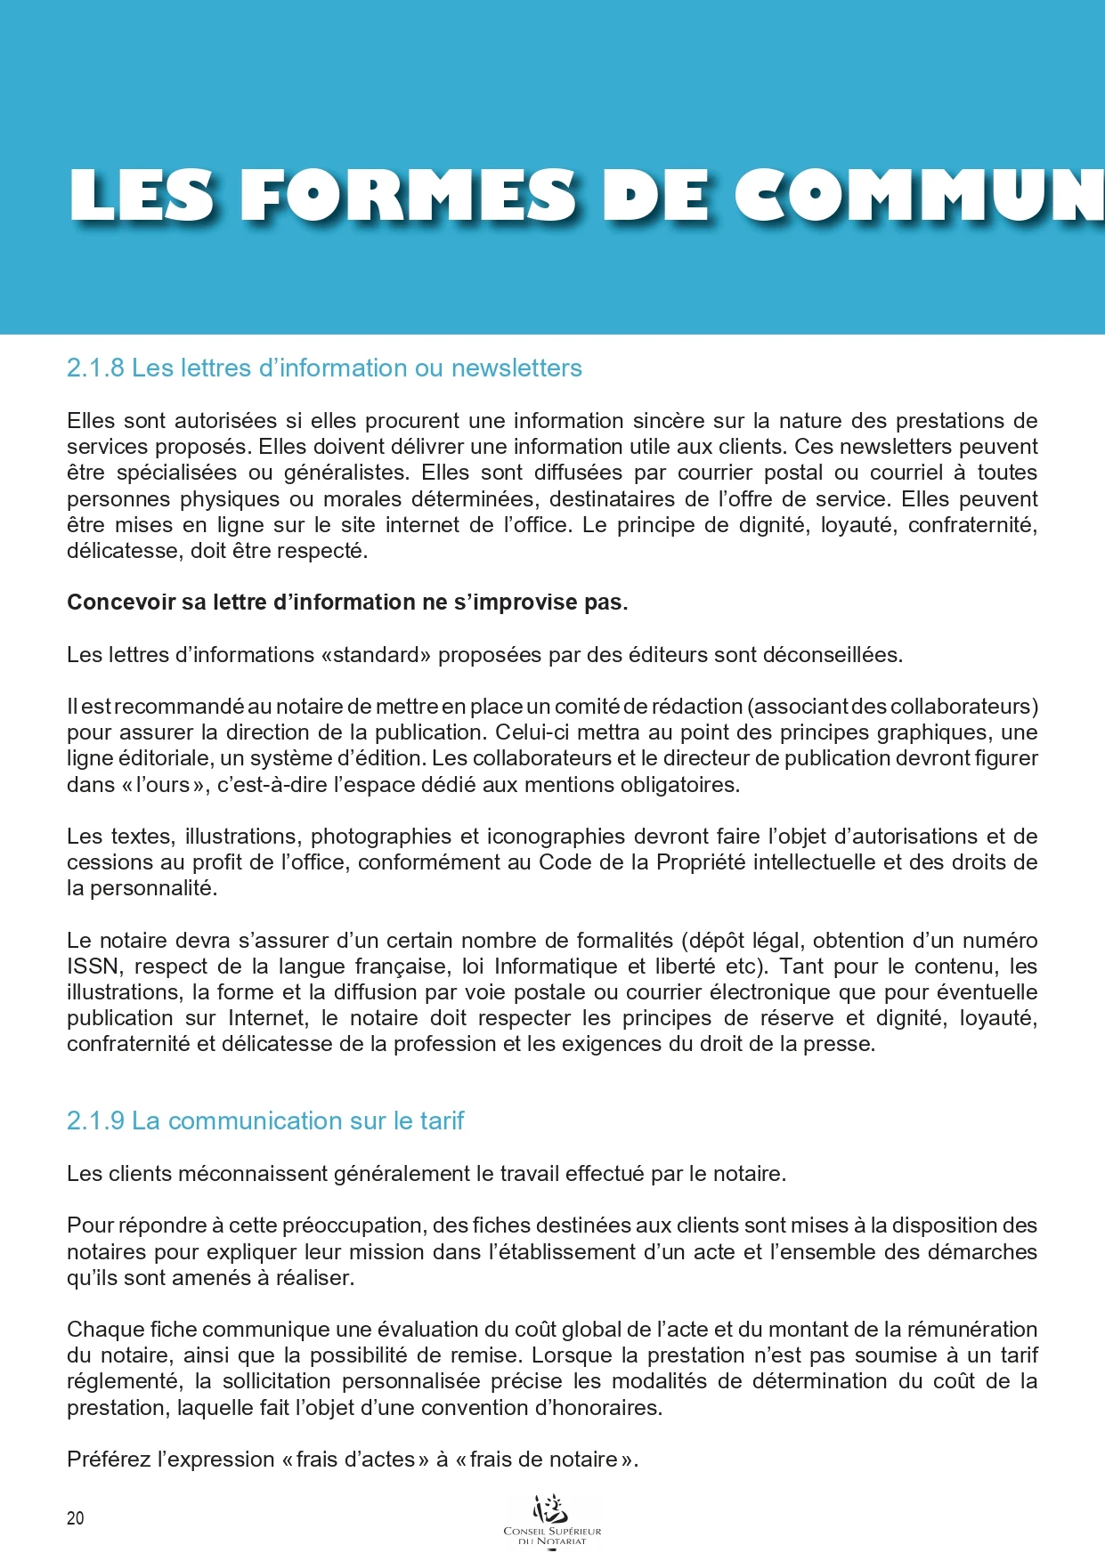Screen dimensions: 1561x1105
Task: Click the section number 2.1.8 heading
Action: (95, 368)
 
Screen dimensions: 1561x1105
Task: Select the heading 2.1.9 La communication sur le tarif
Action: (265, 1121)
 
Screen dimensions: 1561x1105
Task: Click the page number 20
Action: (75, 1518)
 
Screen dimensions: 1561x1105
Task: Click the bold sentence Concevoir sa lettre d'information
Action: (347, 603)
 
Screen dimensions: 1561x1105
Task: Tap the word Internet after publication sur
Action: (265, 1018)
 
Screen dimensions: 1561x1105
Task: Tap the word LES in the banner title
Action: (142, 196)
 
